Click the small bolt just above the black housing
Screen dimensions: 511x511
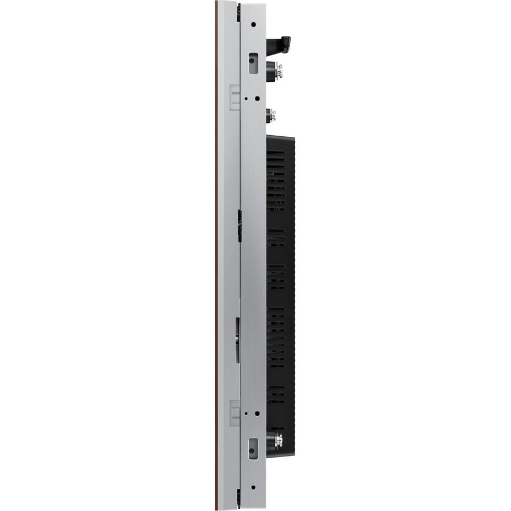pos(272,113)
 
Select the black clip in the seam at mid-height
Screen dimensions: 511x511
pos(240,224)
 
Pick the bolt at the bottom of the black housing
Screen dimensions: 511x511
pos(278,439)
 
